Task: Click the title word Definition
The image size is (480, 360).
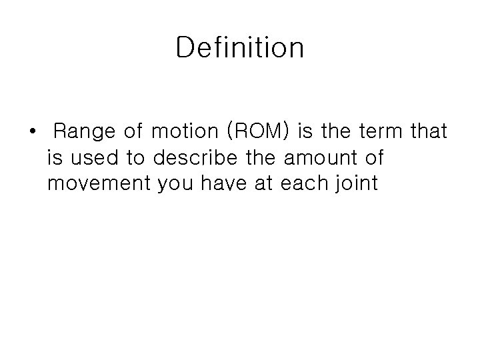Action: (240, 48)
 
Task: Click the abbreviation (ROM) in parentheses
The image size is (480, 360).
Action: (258, 132)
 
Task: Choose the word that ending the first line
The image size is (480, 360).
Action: (429, 132)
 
